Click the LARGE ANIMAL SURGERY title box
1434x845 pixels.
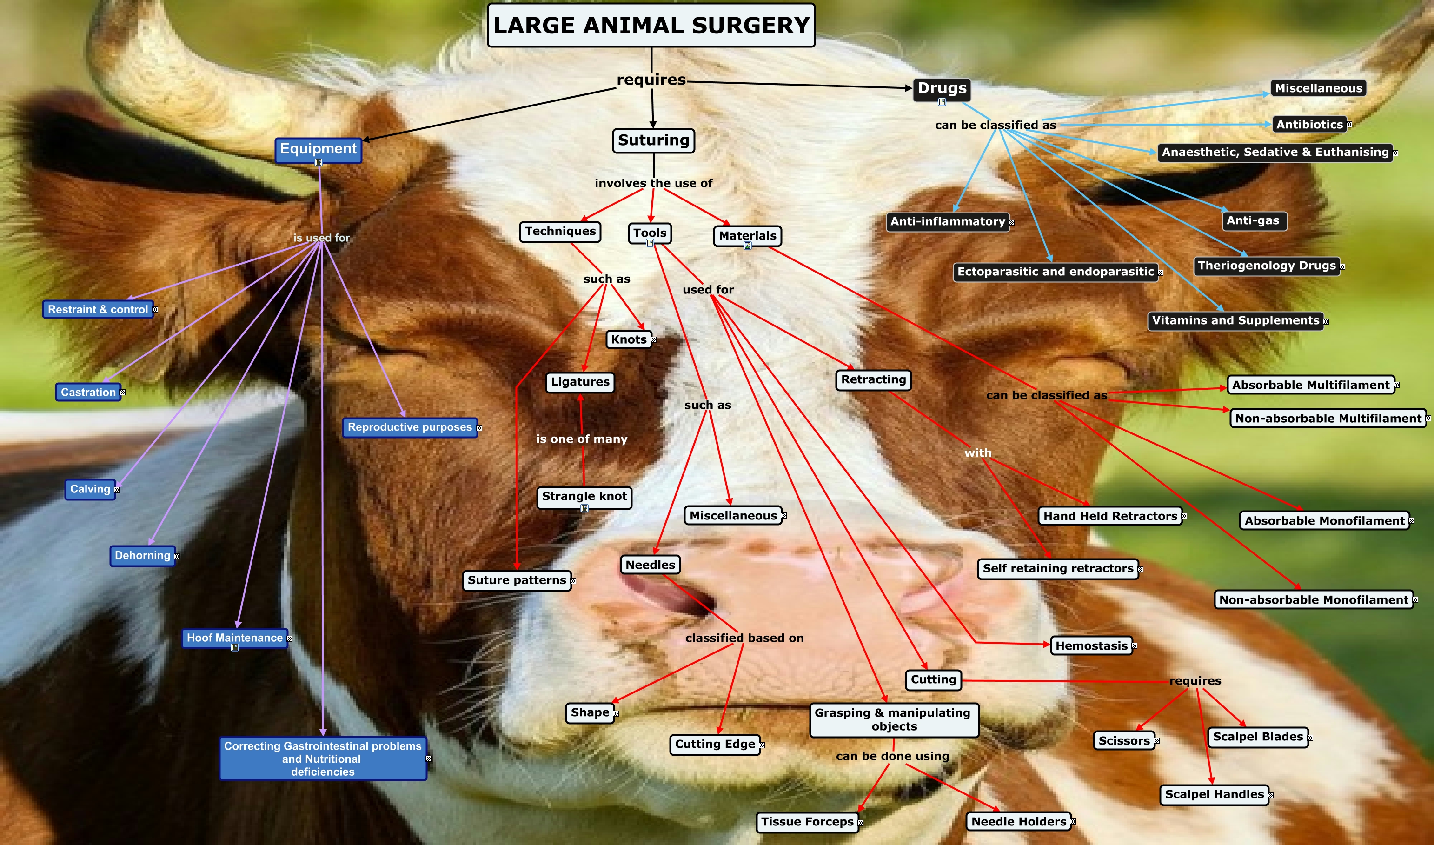click(651, 25)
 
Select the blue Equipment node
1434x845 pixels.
click(318, 150)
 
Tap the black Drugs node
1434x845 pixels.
click(942, 89)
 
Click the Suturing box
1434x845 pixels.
click(653, 140)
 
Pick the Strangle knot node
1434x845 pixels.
click(584, 497)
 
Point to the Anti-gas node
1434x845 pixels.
click(1254, 221)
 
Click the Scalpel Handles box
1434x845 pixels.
click(1214, 794)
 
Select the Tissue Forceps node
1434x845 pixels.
click(807, 822)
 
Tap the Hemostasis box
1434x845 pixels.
click(1091, 645)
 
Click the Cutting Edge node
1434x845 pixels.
click(715, 744)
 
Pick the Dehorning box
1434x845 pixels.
click(142, 556)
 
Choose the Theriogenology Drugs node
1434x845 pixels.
click(1267, 266)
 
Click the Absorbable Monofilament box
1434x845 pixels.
click(1325, 520)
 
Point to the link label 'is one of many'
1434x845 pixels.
click(582, 439)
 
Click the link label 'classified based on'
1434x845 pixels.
click(744, 639)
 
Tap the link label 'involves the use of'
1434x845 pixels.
click(653, 183)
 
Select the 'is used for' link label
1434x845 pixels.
click(322, 238)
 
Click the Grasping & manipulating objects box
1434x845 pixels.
click(894, 720)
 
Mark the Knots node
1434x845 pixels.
click(629, 340)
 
